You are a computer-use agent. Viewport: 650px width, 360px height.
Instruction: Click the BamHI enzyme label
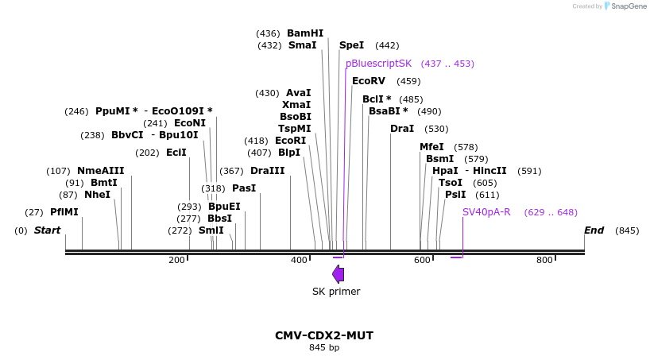pos(305,33)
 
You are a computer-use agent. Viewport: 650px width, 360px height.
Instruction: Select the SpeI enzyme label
pos(351,45)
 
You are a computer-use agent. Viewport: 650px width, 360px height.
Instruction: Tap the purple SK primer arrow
pos(339,274)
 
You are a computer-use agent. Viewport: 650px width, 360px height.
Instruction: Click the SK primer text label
pos(336,292)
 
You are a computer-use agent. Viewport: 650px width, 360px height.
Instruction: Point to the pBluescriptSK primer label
pos(379,64)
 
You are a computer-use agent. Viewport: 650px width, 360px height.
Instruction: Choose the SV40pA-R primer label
pos(486,212)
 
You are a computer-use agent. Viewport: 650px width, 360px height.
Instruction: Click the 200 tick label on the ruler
pos(176,260)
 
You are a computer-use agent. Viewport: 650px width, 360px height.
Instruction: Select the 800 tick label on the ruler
pos(544,260)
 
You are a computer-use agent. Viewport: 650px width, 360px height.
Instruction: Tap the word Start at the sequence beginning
pos(47,230)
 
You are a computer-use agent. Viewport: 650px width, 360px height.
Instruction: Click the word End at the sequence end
pos(594,230)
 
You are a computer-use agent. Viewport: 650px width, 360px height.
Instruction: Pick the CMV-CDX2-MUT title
pos(324,335)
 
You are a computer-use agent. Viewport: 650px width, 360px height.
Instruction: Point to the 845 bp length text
pos(324,347)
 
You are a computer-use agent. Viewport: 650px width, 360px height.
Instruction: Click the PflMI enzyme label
pos(64,212)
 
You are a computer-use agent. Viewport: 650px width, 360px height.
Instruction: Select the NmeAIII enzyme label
pos(101,170)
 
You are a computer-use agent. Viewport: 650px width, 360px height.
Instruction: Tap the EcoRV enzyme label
pos(369,81)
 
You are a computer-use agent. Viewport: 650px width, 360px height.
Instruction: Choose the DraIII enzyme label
pos(267,170)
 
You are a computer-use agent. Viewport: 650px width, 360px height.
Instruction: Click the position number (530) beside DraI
pos(436,129)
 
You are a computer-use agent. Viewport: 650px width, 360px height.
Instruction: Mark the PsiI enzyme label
pos(455,195)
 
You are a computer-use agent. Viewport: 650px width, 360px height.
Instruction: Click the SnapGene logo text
pos(629,6)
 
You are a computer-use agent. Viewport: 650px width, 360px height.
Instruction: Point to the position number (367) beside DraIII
pos(231,171)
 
